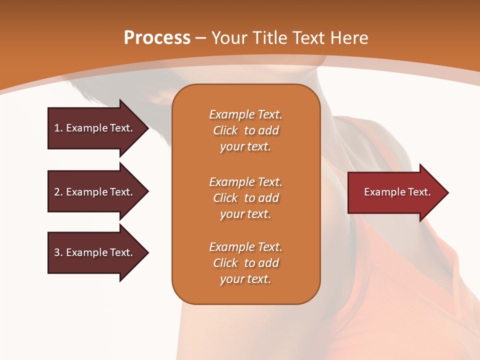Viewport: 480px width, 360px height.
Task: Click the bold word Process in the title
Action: [x=157, y=38]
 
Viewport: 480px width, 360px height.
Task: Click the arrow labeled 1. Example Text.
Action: [x=95, y=128]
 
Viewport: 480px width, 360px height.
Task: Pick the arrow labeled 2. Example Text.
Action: [x=95, y=192]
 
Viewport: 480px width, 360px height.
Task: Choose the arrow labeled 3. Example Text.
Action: [x=95, y=252]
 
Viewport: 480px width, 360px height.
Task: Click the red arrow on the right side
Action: [x=395, y=192]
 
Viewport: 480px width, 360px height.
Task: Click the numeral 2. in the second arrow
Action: [x=58, y=192]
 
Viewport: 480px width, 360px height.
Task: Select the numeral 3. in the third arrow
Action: [x=58, y=252]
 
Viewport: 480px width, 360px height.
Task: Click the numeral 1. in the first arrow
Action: [x=58, y=128]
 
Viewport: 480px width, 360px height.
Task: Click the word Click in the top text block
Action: [x=225, y=131]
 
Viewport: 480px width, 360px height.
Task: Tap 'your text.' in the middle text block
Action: [x=245, y=214]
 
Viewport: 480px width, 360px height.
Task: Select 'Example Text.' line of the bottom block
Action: [x=245, y=247]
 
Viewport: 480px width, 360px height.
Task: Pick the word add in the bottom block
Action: [x=269, y=263]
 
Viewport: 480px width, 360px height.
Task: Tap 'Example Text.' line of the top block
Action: [x=245, y=114]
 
